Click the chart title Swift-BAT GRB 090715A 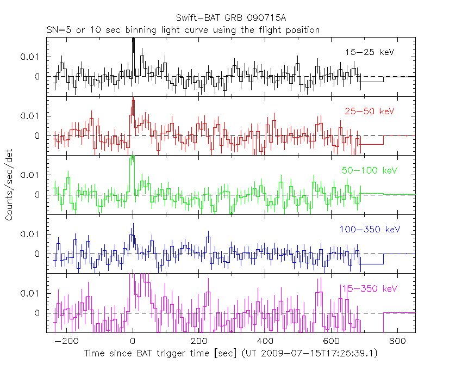[230, 18]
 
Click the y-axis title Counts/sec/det [9, 186]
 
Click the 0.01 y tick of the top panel [30, 57]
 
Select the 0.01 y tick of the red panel [30, 116]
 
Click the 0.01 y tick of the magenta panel [30, 293]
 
